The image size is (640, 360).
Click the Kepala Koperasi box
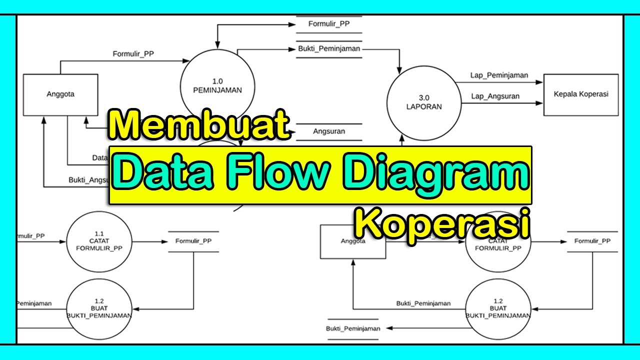[x=581, y=94]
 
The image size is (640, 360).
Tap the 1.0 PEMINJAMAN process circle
[x=217, y=85]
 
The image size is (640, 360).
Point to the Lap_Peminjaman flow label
[x=499, y=75]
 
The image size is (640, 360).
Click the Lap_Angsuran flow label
[x=494, y=96]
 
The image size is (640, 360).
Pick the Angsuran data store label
[x=329, y=132]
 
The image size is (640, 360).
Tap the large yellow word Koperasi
[x=442, y=225]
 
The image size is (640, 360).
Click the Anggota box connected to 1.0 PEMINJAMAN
[x=60, y=94]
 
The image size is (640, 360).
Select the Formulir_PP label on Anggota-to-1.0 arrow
[x=133, y=54]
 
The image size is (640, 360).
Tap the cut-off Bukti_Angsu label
[x=88, y=180]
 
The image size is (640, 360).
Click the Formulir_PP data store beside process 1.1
[x=193, y=241]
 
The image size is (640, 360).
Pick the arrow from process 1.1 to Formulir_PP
[x=150, y=242]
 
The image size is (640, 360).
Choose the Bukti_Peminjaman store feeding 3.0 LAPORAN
[x=329, y=49]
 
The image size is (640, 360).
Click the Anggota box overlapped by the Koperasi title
[x=352, y=242]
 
